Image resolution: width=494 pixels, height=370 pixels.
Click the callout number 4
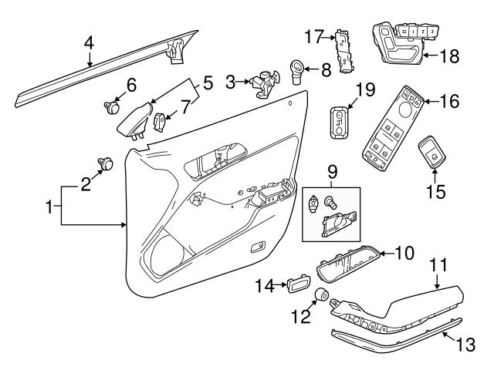[x=90, y=43]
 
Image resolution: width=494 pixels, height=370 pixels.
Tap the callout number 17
[x=311, y=35]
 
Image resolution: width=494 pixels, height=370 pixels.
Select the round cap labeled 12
[x=322, y=297]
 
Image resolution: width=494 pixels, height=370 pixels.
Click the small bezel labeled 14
[x=297, y=287]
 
